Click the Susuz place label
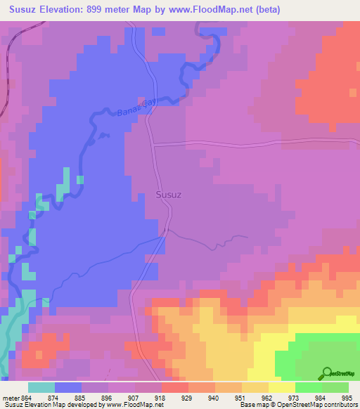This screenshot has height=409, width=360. [x=168, y=195]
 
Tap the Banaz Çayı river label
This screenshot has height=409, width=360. [x=138, y=107]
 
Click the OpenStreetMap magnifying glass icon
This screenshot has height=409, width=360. [x=327, y=372]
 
